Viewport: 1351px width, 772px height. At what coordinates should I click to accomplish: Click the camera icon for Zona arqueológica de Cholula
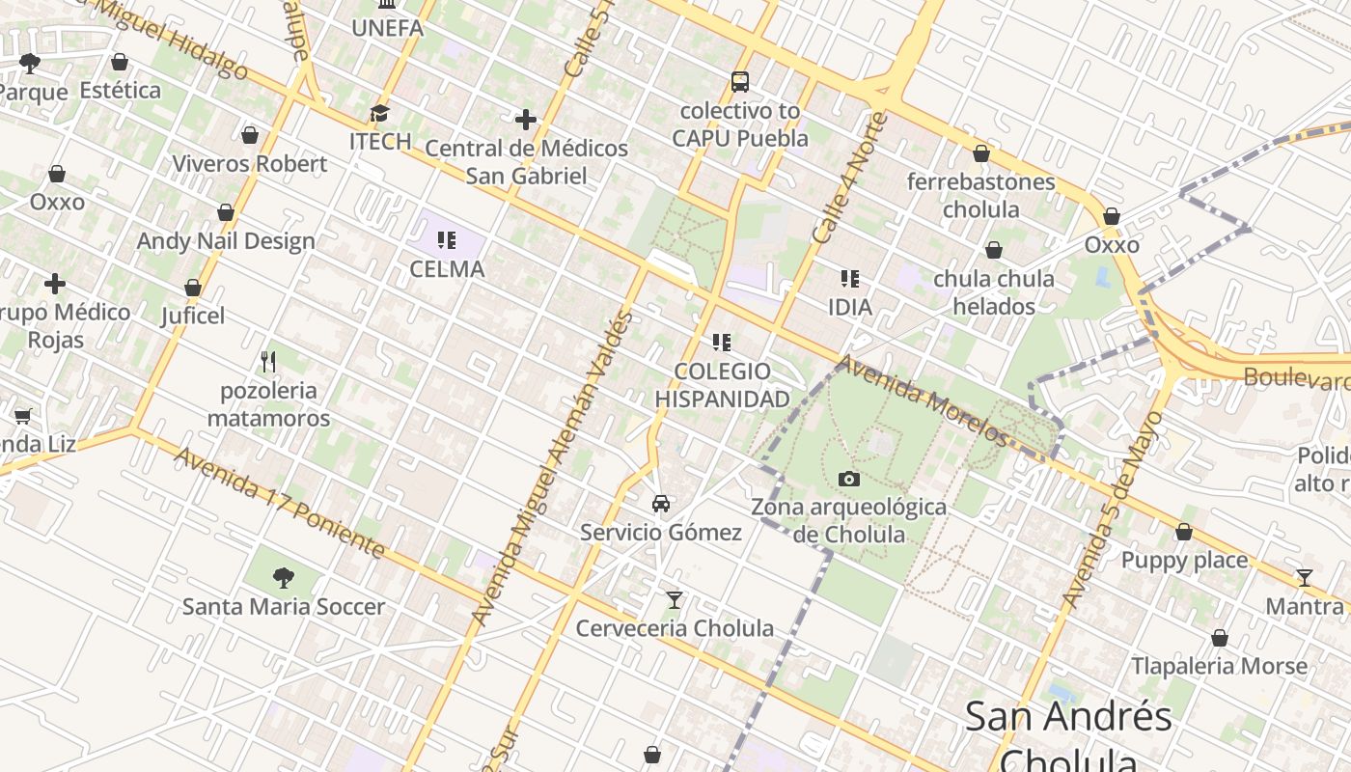tap(849, 479)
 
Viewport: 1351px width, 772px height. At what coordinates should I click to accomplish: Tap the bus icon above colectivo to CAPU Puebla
tap(740, 82)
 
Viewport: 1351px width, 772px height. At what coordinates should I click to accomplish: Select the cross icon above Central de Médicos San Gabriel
tap(526, 120)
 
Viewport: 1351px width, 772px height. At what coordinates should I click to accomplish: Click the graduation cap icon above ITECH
tap(380, 113)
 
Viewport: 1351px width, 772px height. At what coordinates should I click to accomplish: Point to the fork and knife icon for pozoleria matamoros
tap(268, 362)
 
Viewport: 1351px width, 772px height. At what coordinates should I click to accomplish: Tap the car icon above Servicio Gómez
tap(661, 504)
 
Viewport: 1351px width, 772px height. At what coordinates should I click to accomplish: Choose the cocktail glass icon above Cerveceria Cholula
tap(675, 600)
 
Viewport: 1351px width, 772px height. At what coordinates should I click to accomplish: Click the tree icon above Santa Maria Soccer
tap(284, 578)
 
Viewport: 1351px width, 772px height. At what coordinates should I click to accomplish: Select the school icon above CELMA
tap(446, 239)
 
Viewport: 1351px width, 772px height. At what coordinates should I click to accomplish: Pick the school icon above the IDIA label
tap(849, 279)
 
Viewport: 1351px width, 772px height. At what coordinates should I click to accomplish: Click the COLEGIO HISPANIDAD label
tap(722, 385)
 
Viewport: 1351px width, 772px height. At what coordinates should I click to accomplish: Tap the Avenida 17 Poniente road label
tap(280, 503)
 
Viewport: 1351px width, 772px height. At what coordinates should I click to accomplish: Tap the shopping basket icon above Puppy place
tap(1184, 532)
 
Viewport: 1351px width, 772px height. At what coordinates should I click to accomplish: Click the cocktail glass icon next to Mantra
tap(1305, 578)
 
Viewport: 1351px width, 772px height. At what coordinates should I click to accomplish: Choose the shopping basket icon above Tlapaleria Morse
tap(1220, 638)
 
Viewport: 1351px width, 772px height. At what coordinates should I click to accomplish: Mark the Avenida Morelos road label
tap(924, 401)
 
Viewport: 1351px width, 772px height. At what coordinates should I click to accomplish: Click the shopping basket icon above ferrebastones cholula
tap(981, 153)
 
